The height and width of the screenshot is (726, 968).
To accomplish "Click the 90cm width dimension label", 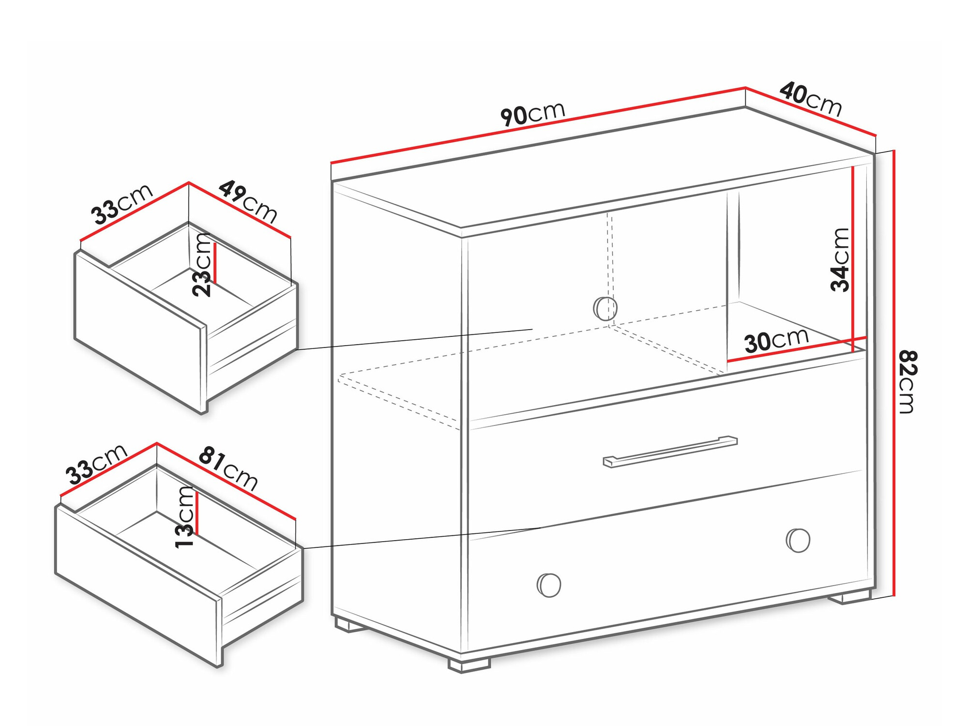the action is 533,114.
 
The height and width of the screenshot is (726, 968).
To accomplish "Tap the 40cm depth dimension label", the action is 811,99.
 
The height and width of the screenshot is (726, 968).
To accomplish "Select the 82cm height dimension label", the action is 907,382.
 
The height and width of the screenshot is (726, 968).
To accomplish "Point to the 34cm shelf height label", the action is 840,260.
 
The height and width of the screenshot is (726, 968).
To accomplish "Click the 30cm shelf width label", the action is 776,340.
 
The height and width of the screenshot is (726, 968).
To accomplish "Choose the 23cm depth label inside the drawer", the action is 202,265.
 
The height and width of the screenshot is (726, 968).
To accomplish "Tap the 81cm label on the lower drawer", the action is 228,468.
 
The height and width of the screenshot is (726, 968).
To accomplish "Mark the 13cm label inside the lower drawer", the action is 184,517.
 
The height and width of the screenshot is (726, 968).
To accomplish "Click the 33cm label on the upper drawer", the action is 122,204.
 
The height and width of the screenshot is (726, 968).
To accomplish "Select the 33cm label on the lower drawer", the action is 97,464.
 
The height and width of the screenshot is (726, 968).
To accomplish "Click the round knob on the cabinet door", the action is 605,308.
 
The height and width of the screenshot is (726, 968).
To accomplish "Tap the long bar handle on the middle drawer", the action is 670,452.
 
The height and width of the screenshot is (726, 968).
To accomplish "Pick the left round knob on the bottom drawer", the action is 549,585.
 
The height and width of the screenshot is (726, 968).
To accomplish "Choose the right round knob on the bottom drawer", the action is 798,540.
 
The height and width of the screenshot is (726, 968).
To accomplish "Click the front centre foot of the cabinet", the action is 469,665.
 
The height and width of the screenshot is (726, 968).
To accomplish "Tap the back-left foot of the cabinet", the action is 350,624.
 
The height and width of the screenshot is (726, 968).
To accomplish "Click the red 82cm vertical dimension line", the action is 894,373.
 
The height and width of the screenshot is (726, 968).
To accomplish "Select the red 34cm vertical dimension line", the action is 852,258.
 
